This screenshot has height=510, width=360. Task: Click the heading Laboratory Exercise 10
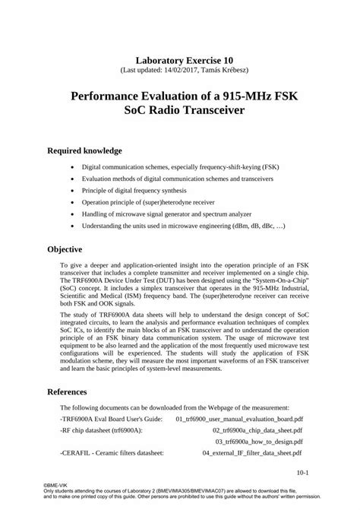coord(179,59)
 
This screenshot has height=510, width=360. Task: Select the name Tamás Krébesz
coord(228,70)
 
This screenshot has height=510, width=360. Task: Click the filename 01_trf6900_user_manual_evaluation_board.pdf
coord(239,419)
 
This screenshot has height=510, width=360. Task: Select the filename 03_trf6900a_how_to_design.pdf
coord(259,441)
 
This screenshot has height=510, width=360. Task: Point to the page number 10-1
coord(302,472)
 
